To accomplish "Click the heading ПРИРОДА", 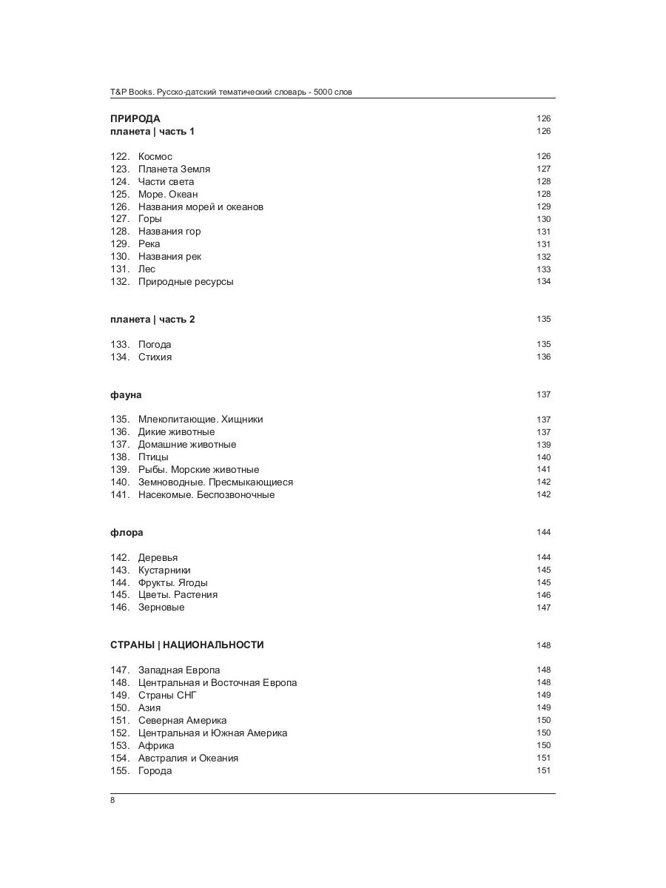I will coord(135,118).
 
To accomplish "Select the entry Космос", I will coord(155,156).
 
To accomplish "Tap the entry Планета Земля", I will coord(174,169).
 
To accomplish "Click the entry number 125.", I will coord(120,194).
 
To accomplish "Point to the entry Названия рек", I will coord(169,257).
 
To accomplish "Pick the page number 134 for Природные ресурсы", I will coord(543,282).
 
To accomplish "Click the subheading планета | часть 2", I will coord(152,320).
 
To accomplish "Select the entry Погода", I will coord(155,345).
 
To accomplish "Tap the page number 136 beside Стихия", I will coord(543,357).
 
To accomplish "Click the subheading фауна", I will coord(126,395).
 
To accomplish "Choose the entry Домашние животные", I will coord(187,445).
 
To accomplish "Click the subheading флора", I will coord(127,533).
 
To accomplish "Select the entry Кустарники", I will coord(164,571).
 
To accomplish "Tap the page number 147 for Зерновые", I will coord(543,608).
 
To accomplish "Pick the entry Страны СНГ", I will coord(167,696).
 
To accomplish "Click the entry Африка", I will coord(156,746).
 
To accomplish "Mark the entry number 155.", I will coord(120,771).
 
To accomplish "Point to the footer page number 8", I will coord(112,801).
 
